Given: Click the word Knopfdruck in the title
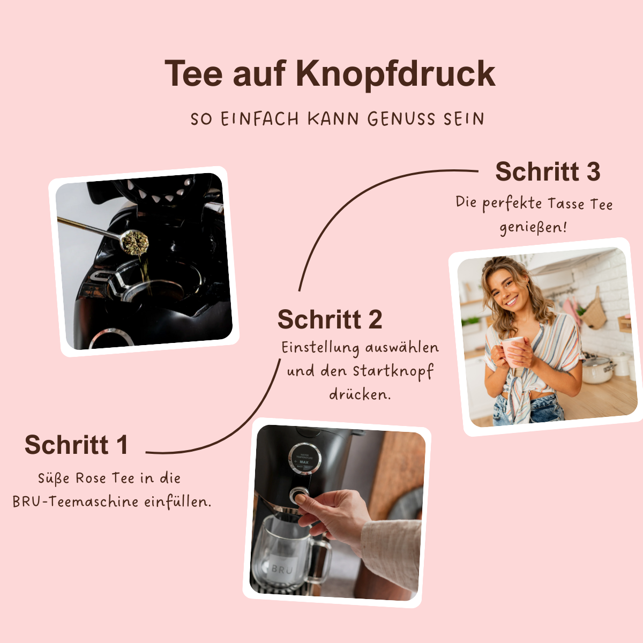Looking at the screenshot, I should tap(395, 73).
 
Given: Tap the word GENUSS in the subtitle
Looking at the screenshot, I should tap(401, 118).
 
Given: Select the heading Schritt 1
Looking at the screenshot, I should tap(76, 445).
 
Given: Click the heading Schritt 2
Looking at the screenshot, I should tap(330, 320).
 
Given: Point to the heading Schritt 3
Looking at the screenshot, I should tap(548, 171).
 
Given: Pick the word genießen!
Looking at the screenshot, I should tap(533, 227).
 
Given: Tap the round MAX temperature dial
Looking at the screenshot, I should tap(304, 459).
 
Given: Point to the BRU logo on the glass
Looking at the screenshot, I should tap(282, 569).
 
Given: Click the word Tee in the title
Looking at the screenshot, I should tap(193, 73).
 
